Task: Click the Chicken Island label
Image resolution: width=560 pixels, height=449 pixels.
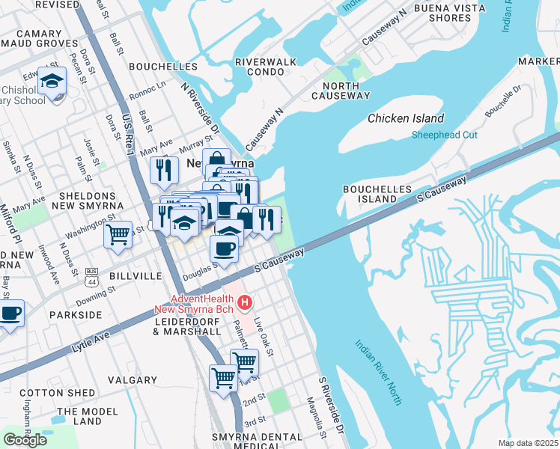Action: click(x=406, y=118)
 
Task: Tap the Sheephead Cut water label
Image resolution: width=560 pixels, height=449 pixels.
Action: click(x=444, y=135)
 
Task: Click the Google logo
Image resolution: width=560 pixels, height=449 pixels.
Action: click(x=25, y=440)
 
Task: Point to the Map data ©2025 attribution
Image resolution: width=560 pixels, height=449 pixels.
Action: click(x=527, y=443)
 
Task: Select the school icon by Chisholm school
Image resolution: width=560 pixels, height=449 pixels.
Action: click(x=52, y=82)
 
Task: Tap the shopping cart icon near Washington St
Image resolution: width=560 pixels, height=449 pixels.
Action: click(x=118, y=235)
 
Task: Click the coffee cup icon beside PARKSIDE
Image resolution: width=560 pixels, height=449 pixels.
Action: click(x=10, y=314)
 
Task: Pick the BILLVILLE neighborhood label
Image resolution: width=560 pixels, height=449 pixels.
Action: click(x=136, y=276)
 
